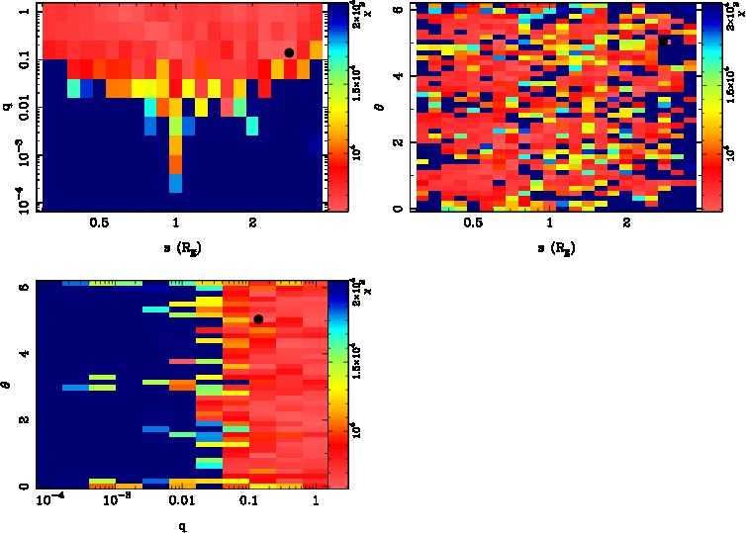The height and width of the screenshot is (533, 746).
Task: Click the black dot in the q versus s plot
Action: click(289, 52)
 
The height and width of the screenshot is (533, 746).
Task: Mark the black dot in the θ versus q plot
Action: click(258, 318)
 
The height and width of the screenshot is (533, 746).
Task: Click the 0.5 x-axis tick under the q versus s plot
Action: click(98, 223)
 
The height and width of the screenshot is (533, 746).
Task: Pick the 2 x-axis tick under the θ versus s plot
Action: click(628, 223)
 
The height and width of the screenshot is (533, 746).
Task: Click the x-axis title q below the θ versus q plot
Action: click(183, 525)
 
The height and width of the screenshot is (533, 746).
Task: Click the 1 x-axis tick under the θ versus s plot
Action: click(551, 223)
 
